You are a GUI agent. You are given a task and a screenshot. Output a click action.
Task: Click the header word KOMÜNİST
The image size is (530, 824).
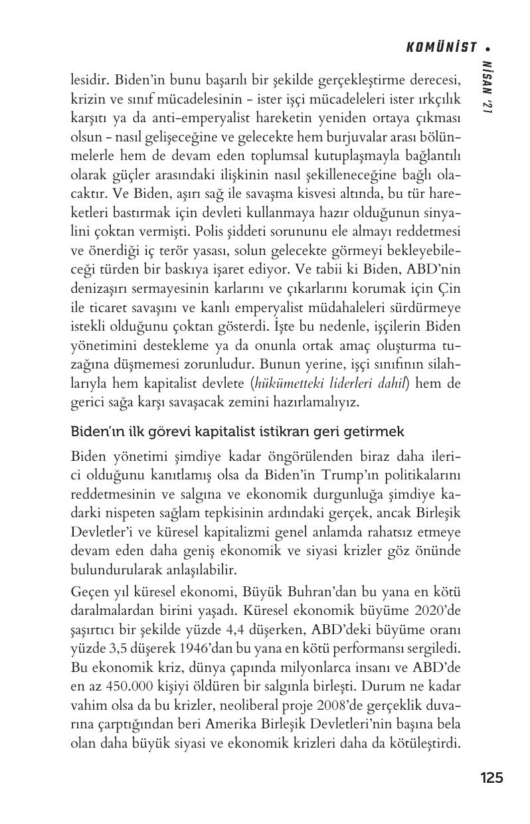(442, 47)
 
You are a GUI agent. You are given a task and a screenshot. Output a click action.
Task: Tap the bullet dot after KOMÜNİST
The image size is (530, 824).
(489, 48)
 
